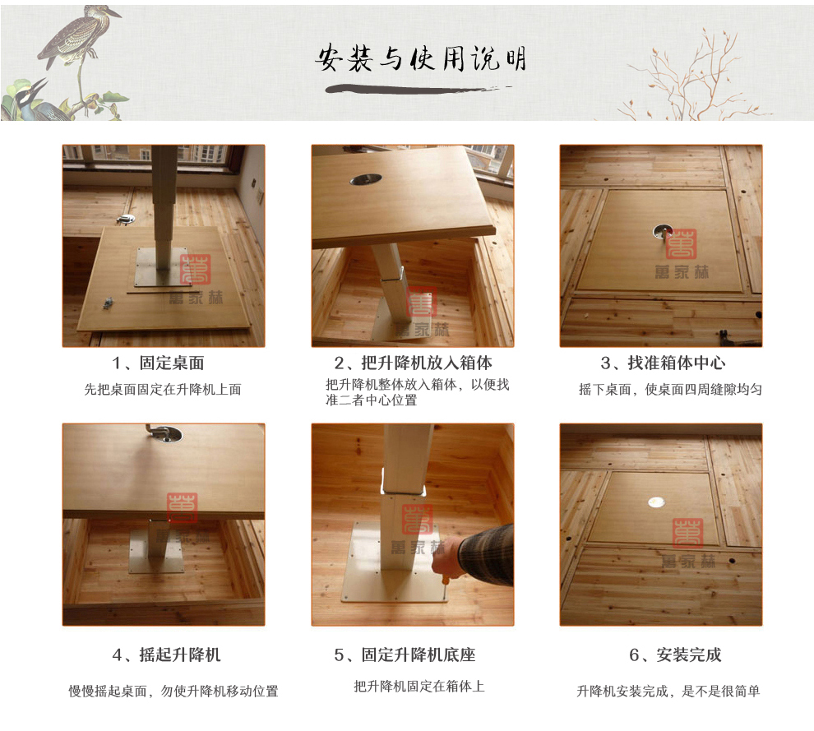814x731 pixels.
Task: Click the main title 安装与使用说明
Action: (420, 58)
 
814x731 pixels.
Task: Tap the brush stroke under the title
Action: (415, 89)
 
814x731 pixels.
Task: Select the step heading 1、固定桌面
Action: (159, 363)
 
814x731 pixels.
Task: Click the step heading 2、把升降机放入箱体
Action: (414, 363)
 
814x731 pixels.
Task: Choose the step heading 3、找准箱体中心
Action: (663, 363)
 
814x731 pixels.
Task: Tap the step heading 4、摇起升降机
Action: (167, 655)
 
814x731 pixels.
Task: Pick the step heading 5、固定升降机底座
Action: (405, 655)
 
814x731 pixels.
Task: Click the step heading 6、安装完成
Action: (675, 655)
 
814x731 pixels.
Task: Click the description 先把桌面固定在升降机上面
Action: (163, 390)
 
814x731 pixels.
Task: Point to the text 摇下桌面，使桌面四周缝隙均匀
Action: (671, 390)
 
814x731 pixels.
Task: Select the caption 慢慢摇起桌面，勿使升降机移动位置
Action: (173, 691)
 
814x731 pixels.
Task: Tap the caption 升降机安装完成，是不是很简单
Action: (668, 691)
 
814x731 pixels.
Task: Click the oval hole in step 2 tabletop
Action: (365, 179)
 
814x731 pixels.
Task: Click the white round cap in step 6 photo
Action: (657, 502)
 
